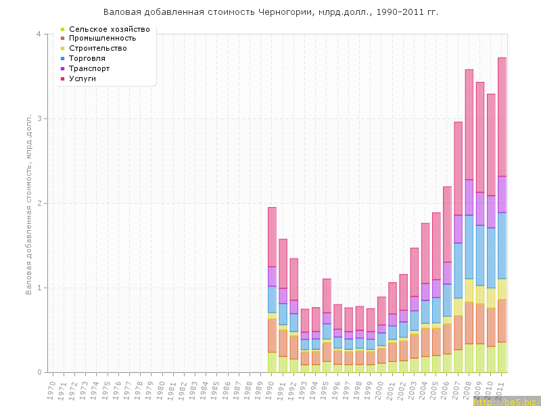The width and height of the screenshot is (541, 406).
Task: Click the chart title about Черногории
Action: click(x=270, y=12)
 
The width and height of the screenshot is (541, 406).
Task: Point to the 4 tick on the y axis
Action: click(x=38, y=34)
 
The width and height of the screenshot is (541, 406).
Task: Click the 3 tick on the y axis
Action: click(x=38, y=118)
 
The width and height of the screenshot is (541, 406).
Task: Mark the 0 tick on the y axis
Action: click(x=38, y=372)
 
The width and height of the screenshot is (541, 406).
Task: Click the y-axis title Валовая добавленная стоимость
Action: click(x=29, y=203)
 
